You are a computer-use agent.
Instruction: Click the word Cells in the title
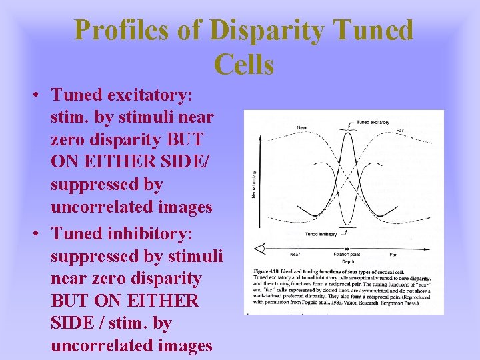pyautogui.click(x=244, y=65)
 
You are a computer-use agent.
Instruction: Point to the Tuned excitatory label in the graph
pyautogui.click(x=373, y=123)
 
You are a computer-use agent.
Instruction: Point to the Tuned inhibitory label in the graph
pyautogui.click(x=320, y=235)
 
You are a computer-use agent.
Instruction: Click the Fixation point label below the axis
pyautogui.click(x=347, y=255)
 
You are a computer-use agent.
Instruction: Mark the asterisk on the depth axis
pyautogui.click(x=347, y=249)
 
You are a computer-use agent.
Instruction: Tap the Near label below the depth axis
pyautogui.click(x=294, y=255)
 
